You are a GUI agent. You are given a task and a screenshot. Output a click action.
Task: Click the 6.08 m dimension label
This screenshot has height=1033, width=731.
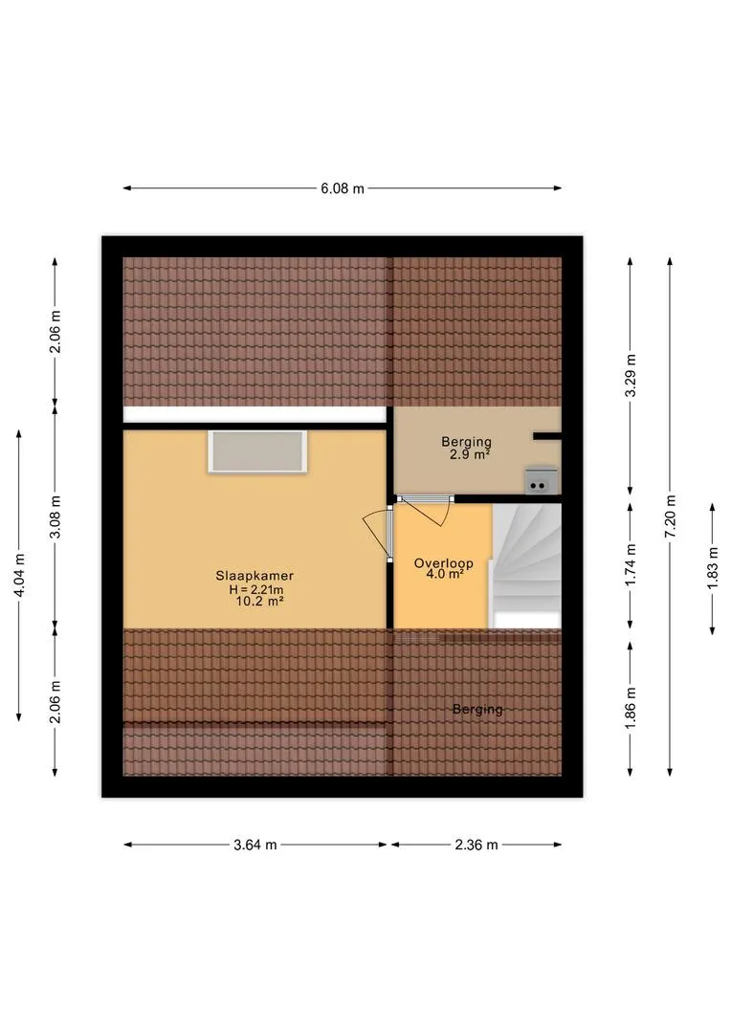click(343, 188)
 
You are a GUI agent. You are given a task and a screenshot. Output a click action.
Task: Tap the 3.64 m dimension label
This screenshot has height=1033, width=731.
click(255, 845)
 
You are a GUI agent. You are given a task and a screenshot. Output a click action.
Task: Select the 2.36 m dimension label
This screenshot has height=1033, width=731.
click(476, 845)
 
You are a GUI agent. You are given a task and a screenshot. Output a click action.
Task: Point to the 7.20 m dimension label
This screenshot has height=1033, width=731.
click(671, 516)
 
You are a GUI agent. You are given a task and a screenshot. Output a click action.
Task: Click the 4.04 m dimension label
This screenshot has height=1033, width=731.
click(19, 575)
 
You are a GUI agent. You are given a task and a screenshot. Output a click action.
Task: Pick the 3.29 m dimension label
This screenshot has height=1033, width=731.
click(631, 376)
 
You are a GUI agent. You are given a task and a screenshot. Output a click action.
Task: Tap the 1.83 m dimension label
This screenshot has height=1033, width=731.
click(713, 568)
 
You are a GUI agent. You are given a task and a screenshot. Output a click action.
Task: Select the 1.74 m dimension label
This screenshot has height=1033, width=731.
click(631, 565)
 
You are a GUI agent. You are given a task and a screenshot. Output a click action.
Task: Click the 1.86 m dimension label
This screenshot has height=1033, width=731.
click(631, 709)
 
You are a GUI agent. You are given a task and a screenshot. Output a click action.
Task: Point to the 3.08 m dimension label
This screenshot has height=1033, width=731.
click(55, 516)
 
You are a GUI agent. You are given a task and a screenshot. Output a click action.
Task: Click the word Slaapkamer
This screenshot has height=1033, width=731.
click(255, 576)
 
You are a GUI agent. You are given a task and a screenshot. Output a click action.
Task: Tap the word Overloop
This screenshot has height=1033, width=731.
click(444, 563)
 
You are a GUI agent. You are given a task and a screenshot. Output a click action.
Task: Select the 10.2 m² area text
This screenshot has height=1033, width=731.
click(259, 601)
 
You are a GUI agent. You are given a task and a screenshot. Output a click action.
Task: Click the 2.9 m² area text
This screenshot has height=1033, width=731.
click(470, 454)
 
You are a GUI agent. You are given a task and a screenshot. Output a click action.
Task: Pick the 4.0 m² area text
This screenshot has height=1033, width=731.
click(445, 574)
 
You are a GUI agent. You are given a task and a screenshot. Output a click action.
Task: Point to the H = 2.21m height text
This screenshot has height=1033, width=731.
click(256, 589)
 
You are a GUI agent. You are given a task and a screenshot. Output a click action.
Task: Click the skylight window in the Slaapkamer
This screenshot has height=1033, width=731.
click(257, 451)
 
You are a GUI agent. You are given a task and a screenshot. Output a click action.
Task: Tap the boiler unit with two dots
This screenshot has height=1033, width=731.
click(542, 480)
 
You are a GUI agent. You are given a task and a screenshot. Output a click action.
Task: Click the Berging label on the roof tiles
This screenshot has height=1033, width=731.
click(477, 710)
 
